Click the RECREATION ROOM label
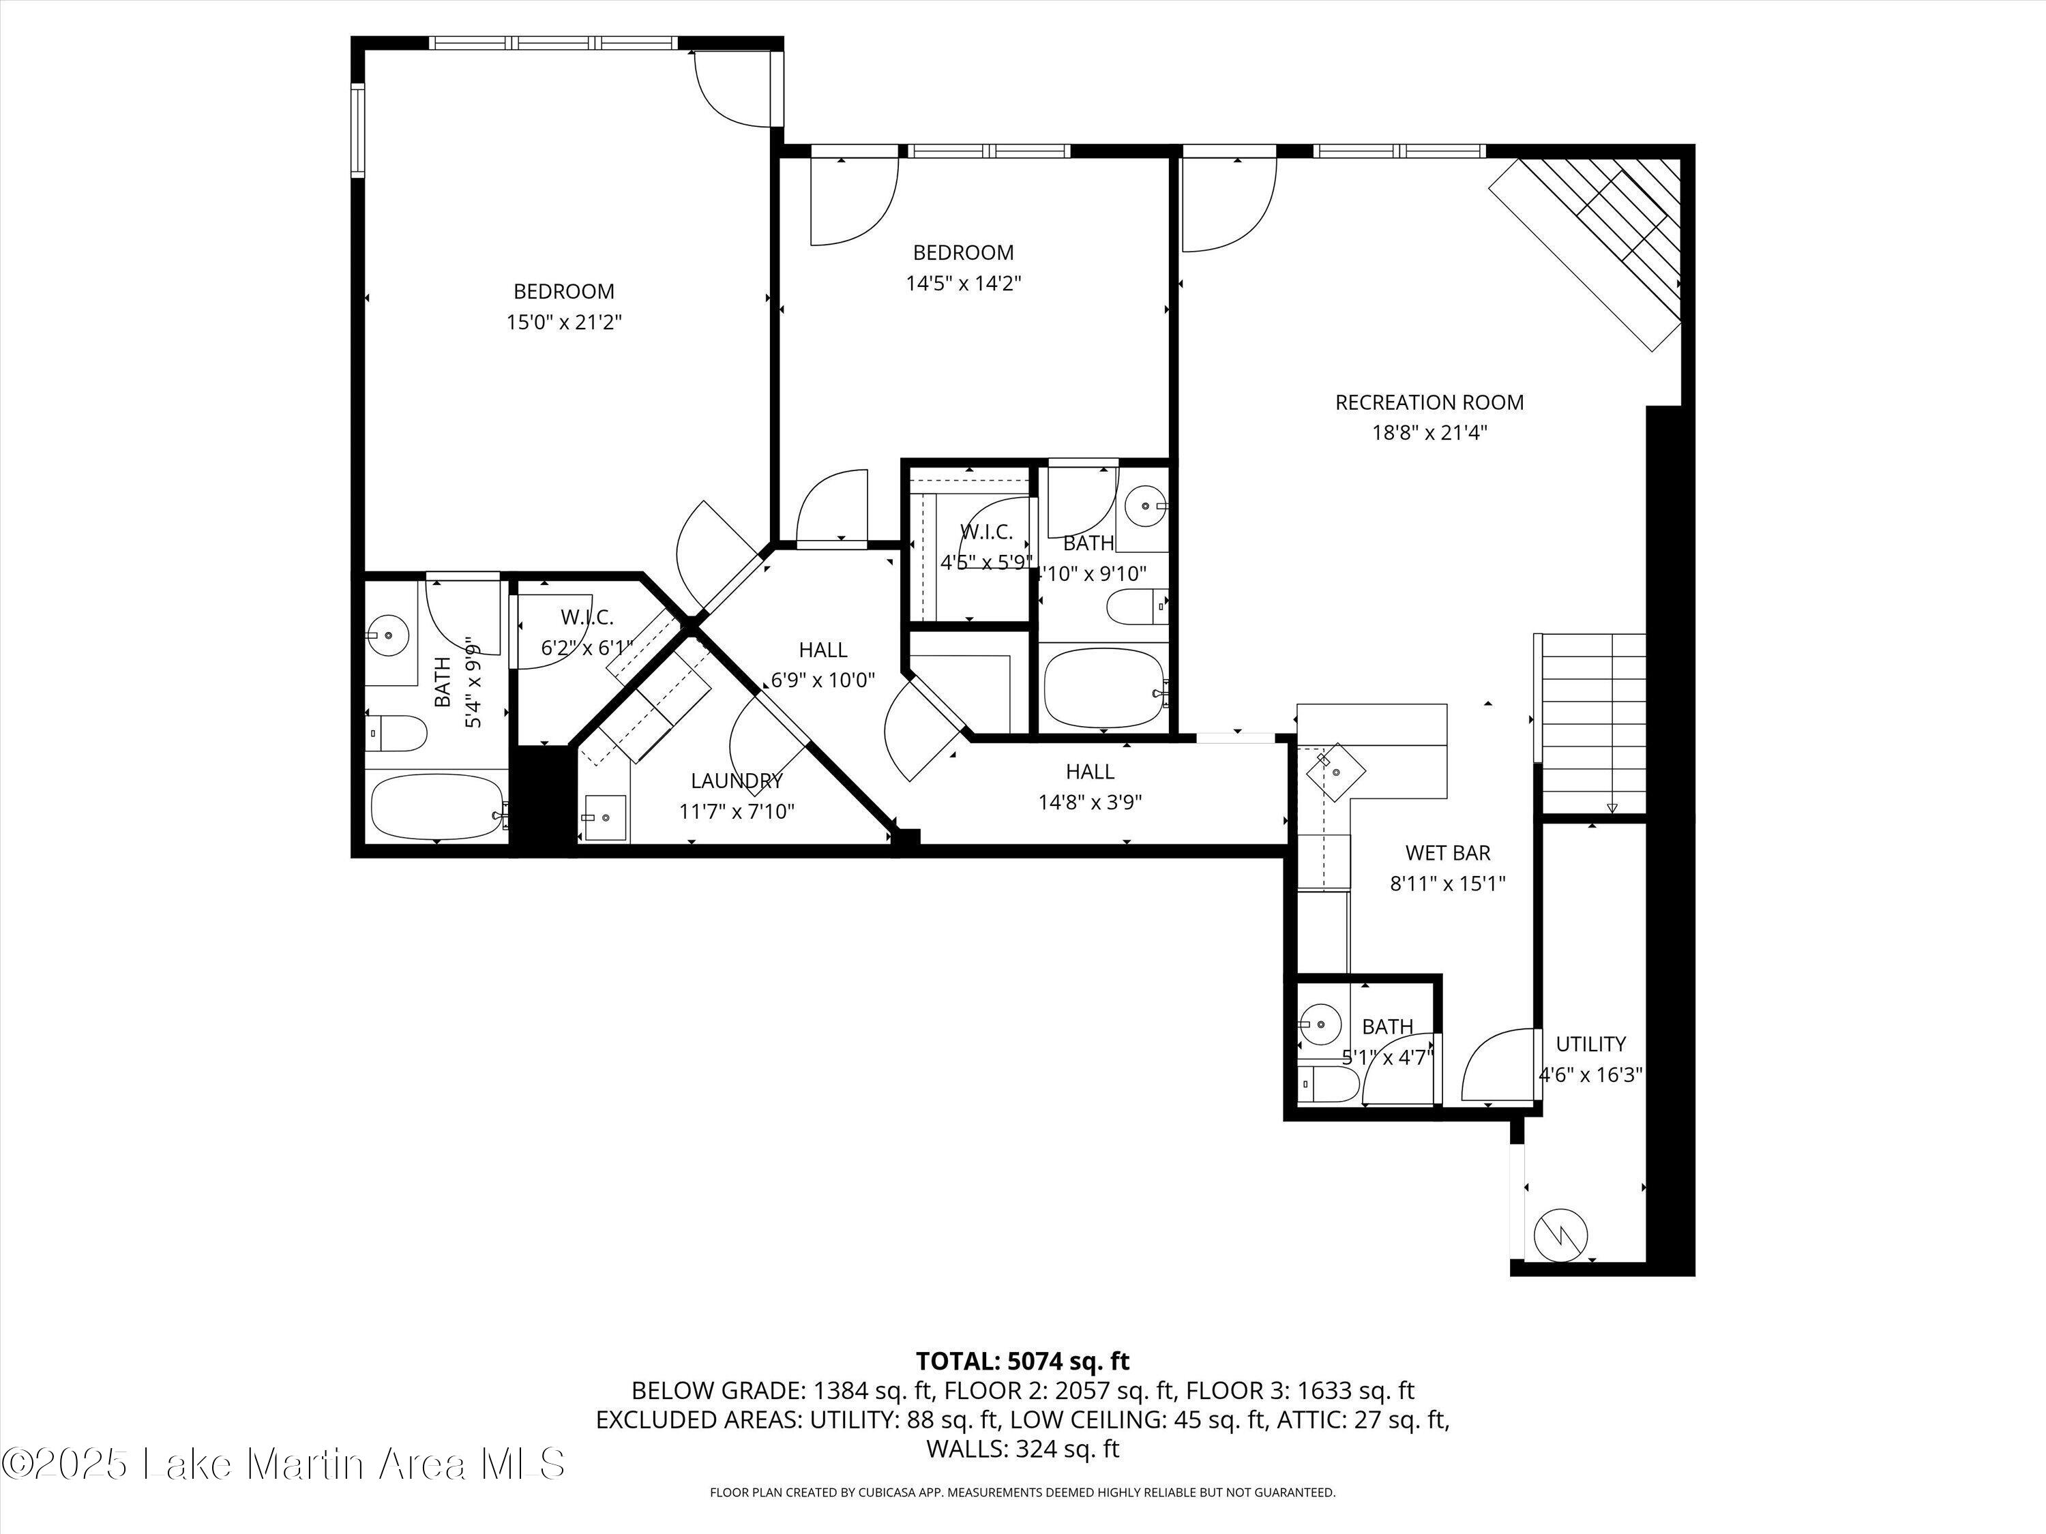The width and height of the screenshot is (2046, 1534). (x=1429, y=402)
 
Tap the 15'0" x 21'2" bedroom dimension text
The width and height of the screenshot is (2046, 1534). (x=563, y=322)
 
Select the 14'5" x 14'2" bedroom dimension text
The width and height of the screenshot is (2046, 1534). (x=963, y=283)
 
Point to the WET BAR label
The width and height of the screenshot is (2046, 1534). (x=1448, y=852)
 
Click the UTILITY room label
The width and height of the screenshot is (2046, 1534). (x=1590, y=1044)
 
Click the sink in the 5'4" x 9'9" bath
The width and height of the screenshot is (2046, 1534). (x=389, y=635)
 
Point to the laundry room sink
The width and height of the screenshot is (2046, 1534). (x=605, y=818)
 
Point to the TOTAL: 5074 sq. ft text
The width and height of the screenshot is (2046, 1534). (x=1022, y=1361)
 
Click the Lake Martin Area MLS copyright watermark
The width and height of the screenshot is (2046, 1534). (x=282, y=1464)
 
